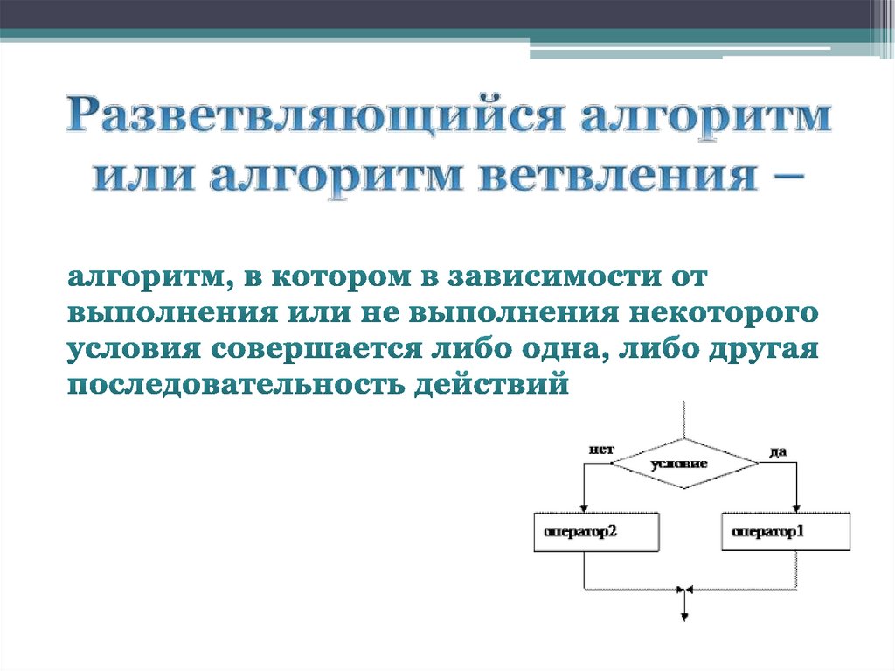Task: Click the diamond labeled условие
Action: (x=684, y=462)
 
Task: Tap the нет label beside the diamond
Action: (x=600, y=450)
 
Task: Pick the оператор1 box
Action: (x=786, y=532)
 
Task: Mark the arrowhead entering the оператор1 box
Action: (x=796, y=508)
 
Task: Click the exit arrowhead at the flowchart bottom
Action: (x=684, y=615)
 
